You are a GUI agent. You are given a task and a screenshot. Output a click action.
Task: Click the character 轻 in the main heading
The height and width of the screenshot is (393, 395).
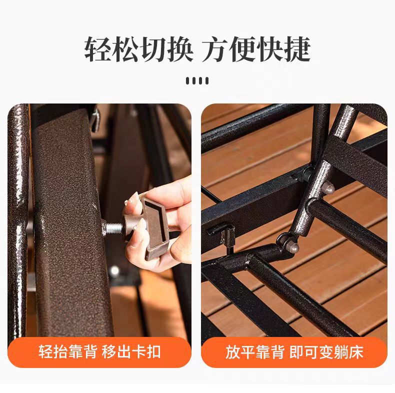click(98, 49)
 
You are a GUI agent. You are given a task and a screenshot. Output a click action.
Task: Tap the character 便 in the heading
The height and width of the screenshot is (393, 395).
click(242, 49)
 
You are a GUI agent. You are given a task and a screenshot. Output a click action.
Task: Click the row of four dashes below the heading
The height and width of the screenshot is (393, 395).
click(197, 80)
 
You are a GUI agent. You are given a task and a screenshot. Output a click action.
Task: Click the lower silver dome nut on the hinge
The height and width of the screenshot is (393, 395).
click(293, 247)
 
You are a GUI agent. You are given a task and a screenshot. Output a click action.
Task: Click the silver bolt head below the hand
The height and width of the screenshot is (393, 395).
click(115, 271)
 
